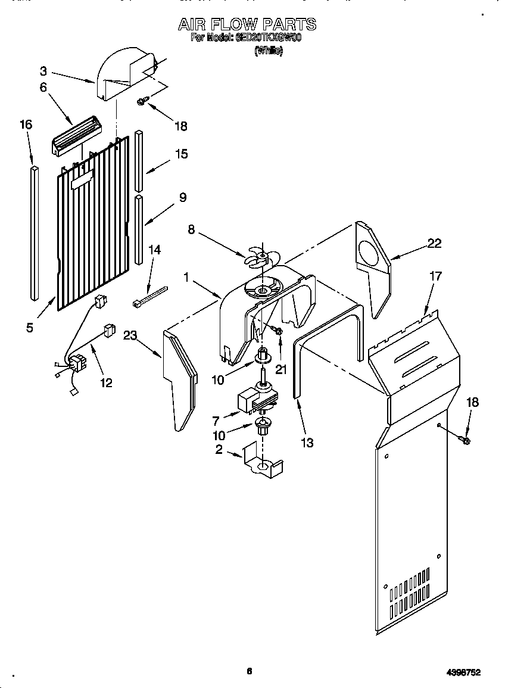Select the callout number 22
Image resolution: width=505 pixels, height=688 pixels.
click(x=435, y=242)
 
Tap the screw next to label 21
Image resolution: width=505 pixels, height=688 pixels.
click(x=277, y=329)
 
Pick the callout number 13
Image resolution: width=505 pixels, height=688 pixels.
click(x=307, y=443)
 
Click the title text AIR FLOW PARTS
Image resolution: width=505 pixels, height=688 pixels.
click(x=247, y=24)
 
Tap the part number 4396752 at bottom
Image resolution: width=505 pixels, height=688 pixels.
click(x=462, y=672)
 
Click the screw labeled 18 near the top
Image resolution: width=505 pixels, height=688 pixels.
click(x=142, y=102)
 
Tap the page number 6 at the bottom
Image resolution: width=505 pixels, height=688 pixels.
click(x=250, y=671)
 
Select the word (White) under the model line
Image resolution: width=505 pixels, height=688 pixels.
click(x=269, y=51)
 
